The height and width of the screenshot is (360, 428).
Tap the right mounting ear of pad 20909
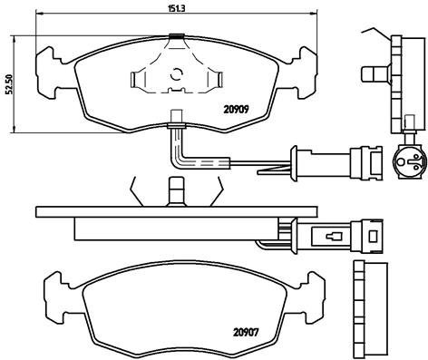tap(306, 66)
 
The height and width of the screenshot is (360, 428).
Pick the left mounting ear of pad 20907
tap(57, 292)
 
